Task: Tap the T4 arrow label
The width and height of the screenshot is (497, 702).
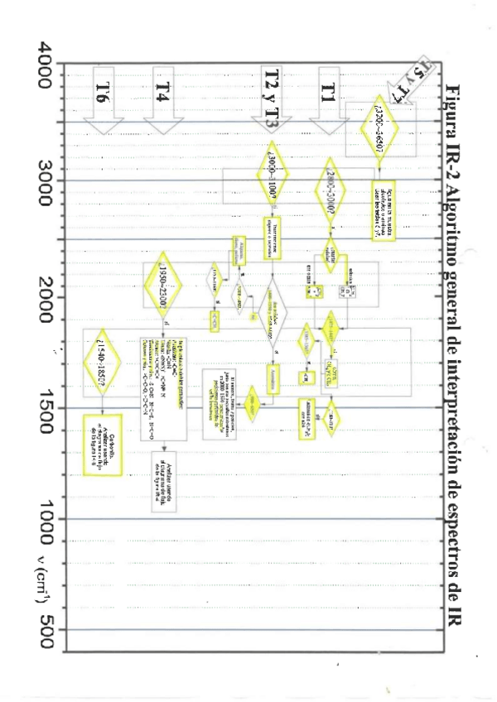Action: tap(162, 93)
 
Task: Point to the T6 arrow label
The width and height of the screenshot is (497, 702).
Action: tap(104, 93)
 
